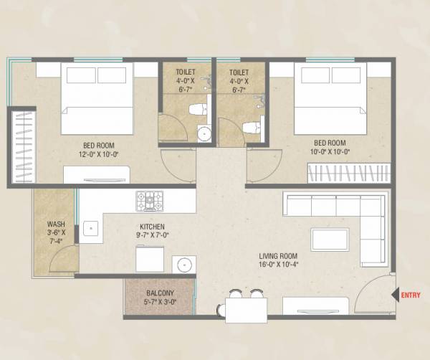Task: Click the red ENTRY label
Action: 411,295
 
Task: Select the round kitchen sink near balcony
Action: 183,264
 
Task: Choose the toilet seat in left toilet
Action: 197,109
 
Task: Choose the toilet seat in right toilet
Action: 251,128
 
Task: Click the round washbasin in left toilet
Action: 204,133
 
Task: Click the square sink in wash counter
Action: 90,229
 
